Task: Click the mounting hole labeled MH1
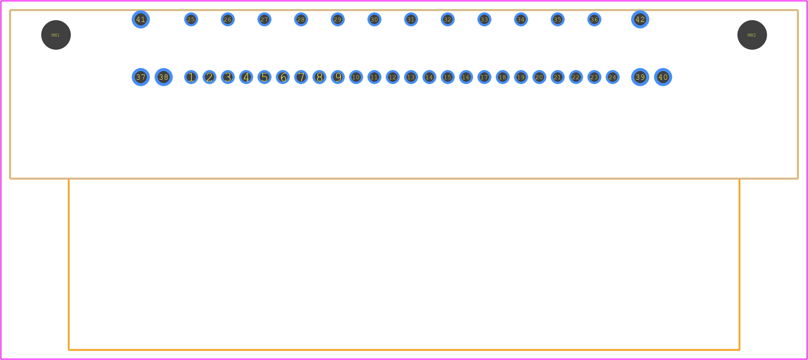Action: click(56, 35)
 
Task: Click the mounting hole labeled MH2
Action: click(752, 35)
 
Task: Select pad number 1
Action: click(191, 77)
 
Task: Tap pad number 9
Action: click(338, 77)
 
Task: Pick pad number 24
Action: click(613, 77)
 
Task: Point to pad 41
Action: click(140, 19)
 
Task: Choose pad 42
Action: click(640, 19)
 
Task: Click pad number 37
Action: click(140, 77)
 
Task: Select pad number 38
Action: click(163, 77)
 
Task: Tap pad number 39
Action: click(640, 77)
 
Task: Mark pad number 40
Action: click(663, 77)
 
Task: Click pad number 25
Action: click(191, 19)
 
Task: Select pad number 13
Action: click(411, 77)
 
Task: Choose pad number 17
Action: click(484, 77)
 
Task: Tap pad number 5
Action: click(264, 77)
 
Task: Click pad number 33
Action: click(484, 19)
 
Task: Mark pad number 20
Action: click(539, 77)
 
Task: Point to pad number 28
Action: click(301, 19)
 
